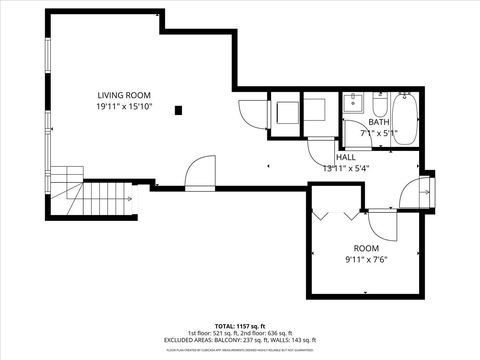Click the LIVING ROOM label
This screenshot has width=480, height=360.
[125, 94]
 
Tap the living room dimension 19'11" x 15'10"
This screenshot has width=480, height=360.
[125, 106]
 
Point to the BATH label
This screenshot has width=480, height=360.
[378, 122]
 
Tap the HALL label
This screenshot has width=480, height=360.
[346, 157]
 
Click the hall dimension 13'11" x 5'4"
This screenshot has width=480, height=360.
[346, 168]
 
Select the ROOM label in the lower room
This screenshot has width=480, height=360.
[366, 247]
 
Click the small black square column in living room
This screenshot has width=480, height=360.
[178, 110]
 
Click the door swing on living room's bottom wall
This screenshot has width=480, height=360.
[200, 171]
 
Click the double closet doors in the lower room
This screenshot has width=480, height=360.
[337, 214]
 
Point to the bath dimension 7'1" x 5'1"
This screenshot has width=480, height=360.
[379, 132]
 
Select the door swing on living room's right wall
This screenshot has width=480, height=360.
[252, 115]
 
